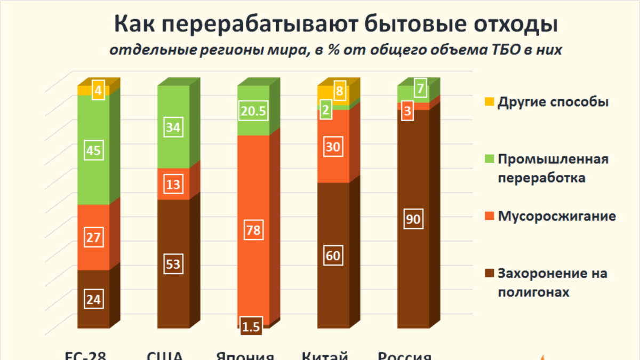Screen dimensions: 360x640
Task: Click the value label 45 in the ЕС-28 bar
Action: point(94,151)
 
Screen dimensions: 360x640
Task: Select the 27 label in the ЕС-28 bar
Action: point(94,237)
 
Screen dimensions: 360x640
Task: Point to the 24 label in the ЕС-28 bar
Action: point(94,299)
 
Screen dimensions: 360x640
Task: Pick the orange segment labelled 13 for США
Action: point(174,185)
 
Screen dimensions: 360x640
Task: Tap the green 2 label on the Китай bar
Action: point(325,111)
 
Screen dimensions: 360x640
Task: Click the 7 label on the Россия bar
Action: point(421,89)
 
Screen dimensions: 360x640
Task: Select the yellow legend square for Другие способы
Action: point(490,101)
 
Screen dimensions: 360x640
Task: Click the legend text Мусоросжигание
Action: point(557,217)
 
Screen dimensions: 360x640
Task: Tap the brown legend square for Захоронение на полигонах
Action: point(490,274)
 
